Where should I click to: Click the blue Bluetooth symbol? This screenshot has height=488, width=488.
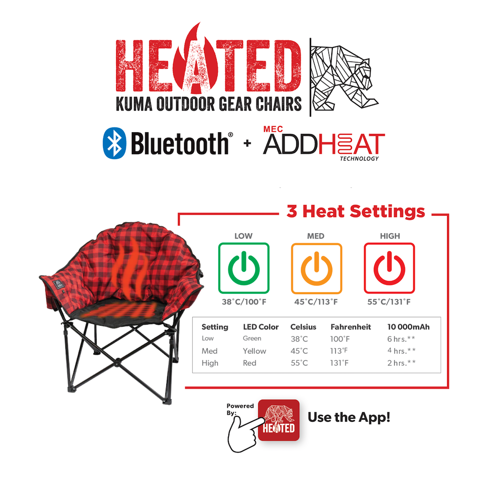pos(115,143)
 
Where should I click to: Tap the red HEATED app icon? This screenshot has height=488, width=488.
pos(278,420)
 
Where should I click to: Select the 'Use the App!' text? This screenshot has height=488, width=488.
pos(349,418)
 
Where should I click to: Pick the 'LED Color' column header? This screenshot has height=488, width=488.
pos(261,327)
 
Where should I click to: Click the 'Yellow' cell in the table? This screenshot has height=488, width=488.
pos(254,351)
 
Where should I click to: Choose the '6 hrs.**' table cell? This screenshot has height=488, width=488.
pos(401,339)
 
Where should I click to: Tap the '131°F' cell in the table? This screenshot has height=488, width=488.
pos(341,363)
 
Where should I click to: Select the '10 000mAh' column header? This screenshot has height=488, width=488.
pos(408,327)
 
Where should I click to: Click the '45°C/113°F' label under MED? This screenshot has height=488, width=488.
pos(316,302)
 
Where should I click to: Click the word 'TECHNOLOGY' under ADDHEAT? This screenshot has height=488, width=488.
pos(360,159)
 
